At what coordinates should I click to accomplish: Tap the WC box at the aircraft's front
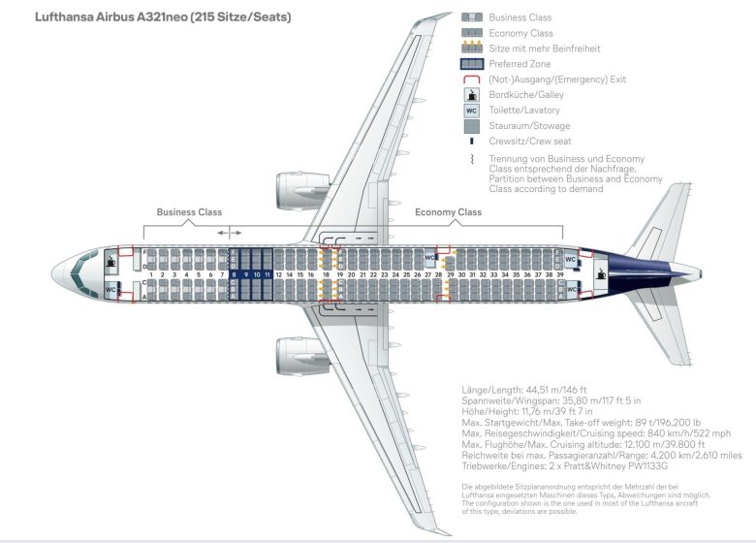pos(111,289)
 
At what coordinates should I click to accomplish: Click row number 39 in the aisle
pos(560,275)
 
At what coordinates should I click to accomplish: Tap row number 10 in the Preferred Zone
pos(257,275)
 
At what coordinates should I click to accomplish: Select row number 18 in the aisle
pos(326,275)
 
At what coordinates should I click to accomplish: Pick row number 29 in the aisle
pos(450,275)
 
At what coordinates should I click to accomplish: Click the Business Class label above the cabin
pos(189,212)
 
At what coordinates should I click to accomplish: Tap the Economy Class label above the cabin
pos(448,212)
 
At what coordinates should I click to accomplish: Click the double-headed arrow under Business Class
pos(230,233)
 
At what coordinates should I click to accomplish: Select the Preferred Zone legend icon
pos(472,64)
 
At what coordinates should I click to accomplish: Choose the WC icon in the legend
pos(472,111)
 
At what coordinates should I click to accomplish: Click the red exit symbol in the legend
pos(472,80)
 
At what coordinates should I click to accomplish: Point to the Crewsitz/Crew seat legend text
pos(530,142)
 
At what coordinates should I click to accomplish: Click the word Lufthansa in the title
pos(67,17)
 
